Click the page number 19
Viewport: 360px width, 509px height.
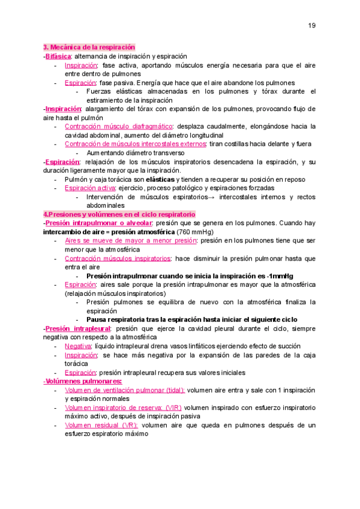point(312,25)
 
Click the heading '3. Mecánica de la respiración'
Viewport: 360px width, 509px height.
point(89,47)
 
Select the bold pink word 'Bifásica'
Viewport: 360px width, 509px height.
point(58,55)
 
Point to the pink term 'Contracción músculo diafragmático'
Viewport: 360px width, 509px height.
point(118,127)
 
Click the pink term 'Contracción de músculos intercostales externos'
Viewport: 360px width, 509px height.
point(135,144)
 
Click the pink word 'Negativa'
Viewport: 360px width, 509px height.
point(78,346)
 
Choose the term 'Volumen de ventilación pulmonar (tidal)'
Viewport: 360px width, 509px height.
point(125,390)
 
